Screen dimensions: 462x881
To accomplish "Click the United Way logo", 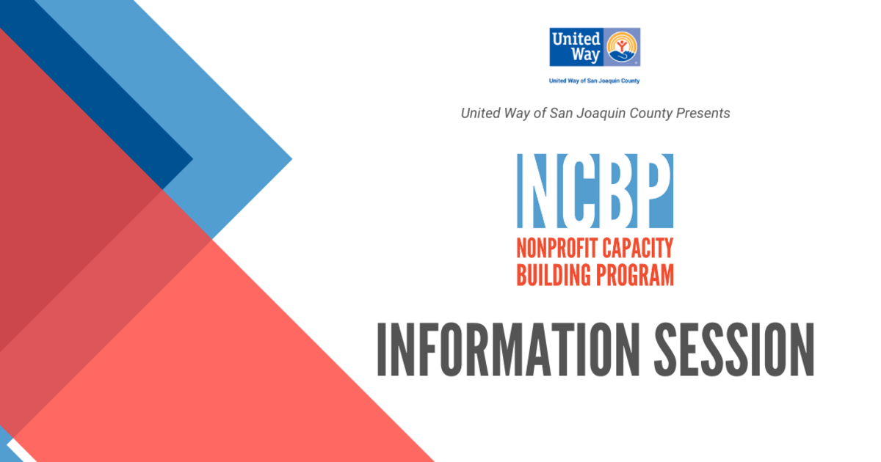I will click(595, 47).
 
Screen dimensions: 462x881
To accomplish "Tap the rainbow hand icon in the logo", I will click(621, 47).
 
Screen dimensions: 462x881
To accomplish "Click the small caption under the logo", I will click(595, 81).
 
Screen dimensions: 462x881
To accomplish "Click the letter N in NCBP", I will click(535, 191).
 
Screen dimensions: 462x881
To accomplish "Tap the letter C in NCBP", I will click(576, 191).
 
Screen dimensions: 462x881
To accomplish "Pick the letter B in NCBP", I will click(615, 191).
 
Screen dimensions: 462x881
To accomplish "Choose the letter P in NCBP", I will click(654, 191).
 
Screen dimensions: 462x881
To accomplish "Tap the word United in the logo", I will click(576, 39).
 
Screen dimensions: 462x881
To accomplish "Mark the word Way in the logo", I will click(587, 55).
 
